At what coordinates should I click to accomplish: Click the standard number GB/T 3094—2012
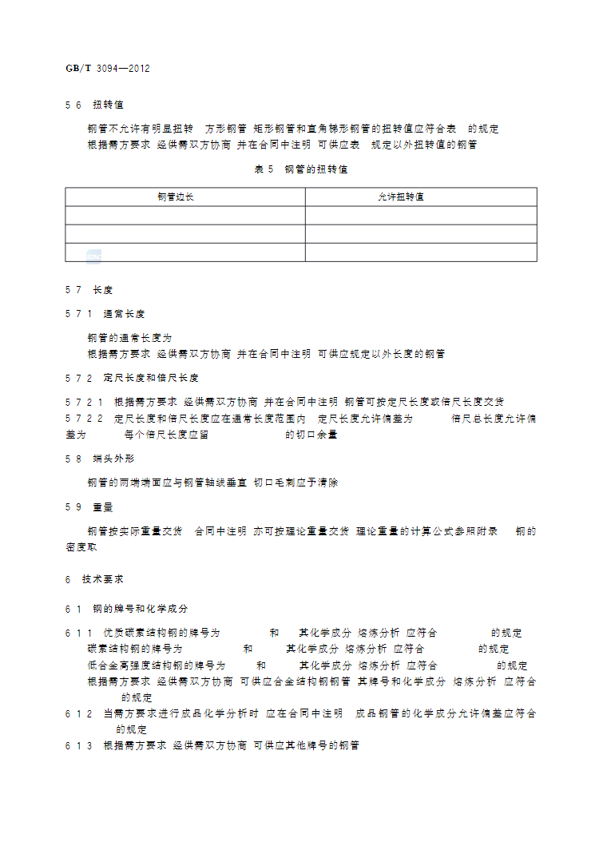point(108,69)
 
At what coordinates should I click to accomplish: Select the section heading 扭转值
point(108,105)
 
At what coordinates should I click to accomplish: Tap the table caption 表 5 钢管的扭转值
point(301,169)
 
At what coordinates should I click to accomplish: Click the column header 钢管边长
point(176,197)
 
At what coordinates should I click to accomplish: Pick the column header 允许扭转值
point(401,197)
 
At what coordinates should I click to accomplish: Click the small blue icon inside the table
point(94,256)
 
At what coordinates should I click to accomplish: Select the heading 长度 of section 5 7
point(103,290)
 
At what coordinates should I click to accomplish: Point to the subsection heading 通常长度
point(124,314)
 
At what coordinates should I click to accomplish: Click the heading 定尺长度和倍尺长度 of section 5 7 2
point(151,377)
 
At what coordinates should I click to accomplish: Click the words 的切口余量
point(311,435)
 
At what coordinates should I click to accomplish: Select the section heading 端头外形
point(113,459)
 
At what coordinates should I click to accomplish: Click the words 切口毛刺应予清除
point(296,483)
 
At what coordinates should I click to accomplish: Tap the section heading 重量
point(103,506)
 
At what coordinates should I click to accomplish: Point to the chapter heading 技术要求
point(103,578)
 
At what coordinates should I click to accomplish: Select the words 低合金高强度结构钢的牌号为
point(157,665)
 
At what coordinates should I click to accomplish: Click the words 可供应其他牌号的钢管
point(306,745)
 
